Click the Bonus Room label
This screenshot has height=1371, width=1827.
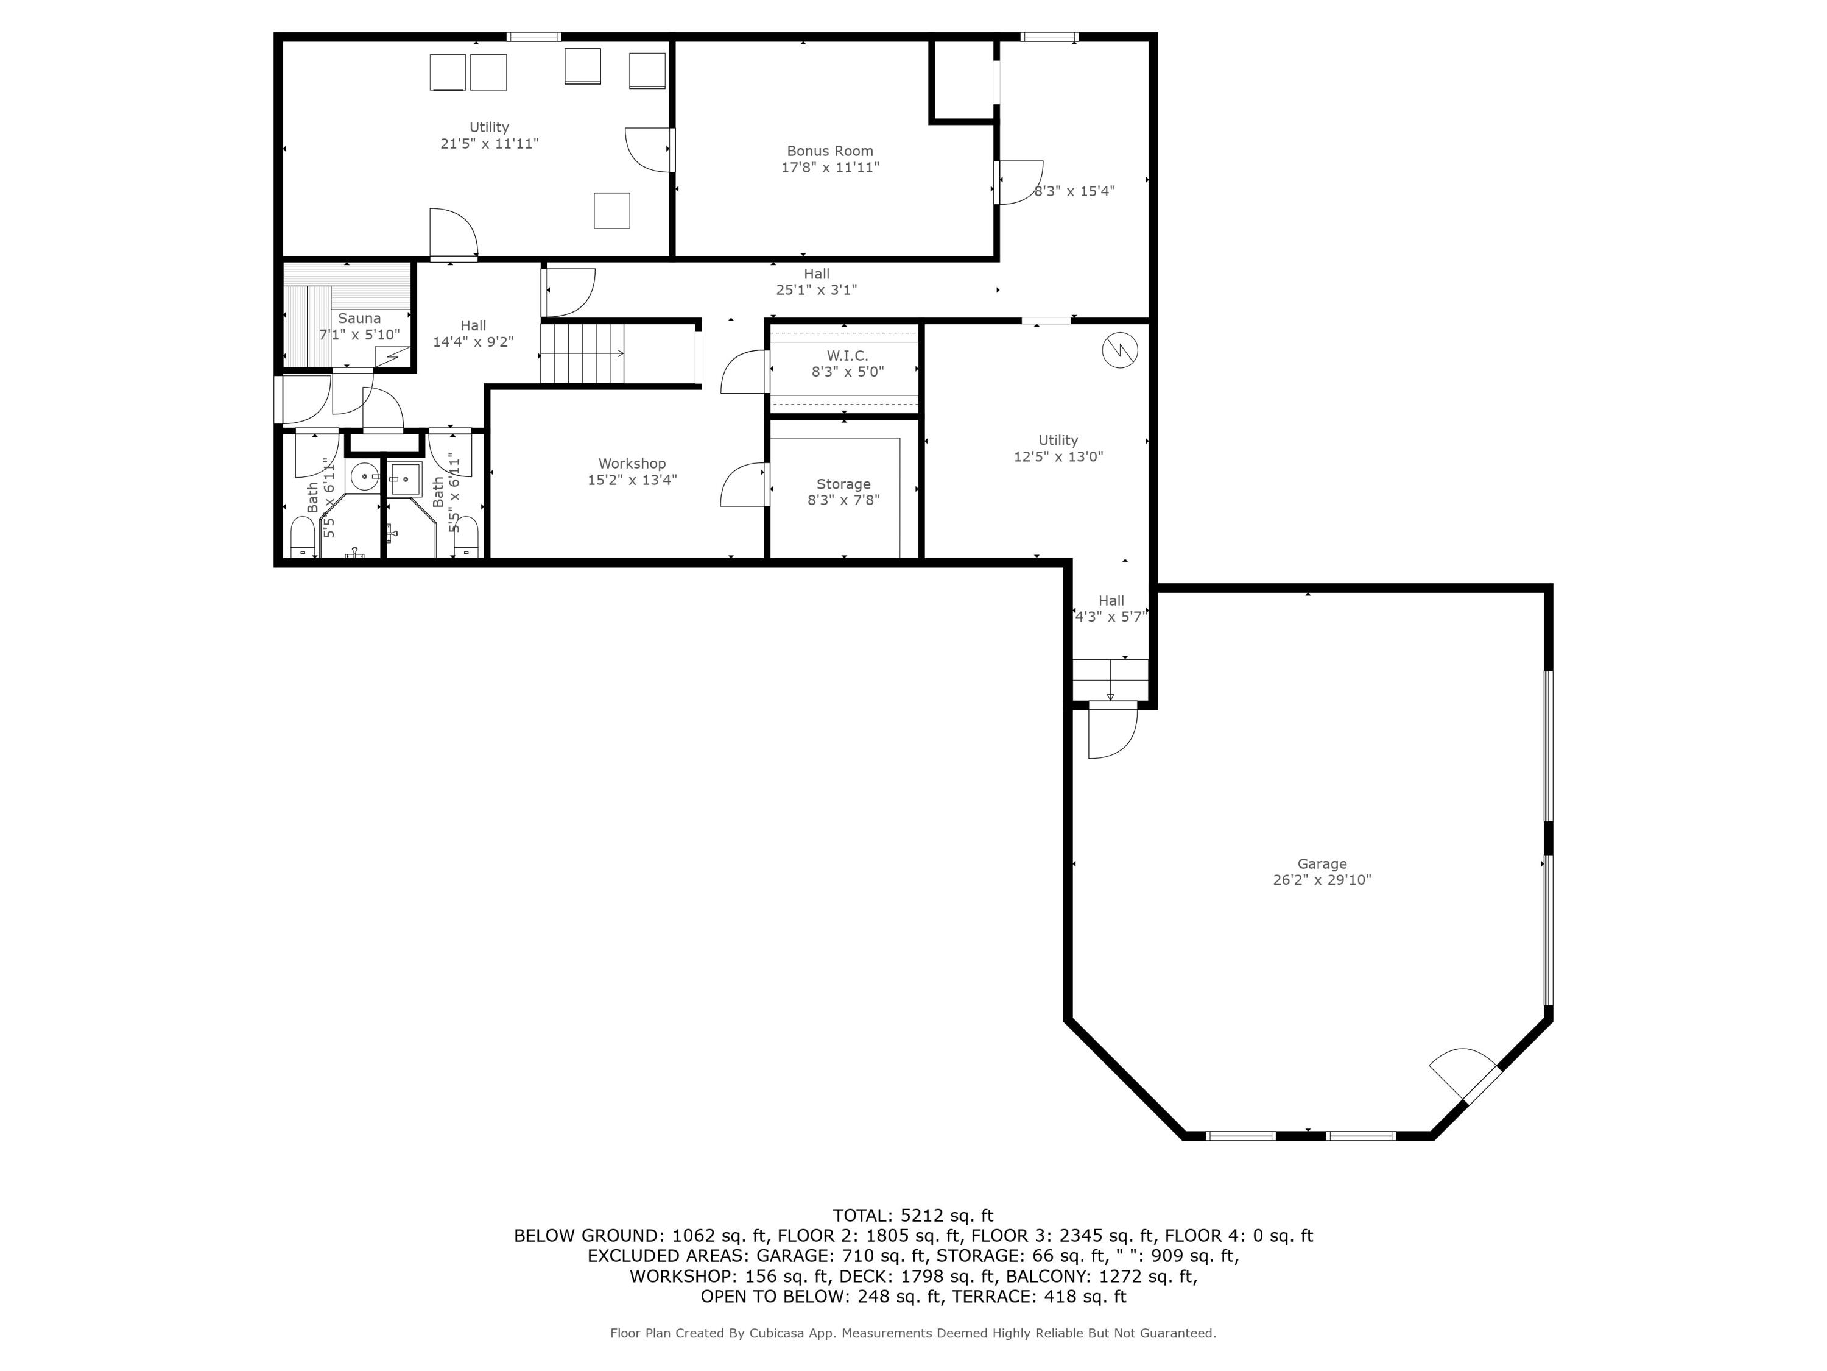coord(829,151)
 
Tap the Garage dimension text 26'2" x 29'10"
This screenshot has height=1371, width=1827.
coord(1322,880)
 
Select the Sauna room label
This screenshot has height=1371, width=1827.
coord(359,318)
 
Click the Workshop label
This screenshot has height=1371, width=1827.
coord(632,464)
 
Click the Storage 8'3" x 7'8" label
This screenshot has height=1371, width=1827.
coord(843,492)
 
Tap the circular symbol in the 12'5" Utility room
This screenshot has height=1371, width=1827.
coord(1119,351)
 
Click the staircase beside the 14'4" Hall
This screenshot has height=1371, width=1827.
coord(582,353)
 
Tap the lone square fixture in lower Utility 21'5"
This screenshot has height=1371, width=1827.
coord(612,211)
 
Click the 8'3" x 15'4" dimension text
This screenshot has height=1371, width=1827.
coord(1074,191)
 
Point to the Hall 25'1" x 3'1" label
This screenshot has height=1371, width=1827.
coord(816,282)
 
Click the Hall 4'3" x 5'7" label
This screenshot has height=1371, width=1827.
coord(1111,608)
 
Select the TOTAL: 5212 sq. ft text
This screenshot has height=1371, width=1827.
coord(913,1216)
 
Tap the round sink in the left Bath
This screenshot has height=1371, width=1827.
coord(364,477)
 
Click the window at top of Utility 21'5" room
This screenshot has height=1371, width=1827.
coord(533,37)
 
